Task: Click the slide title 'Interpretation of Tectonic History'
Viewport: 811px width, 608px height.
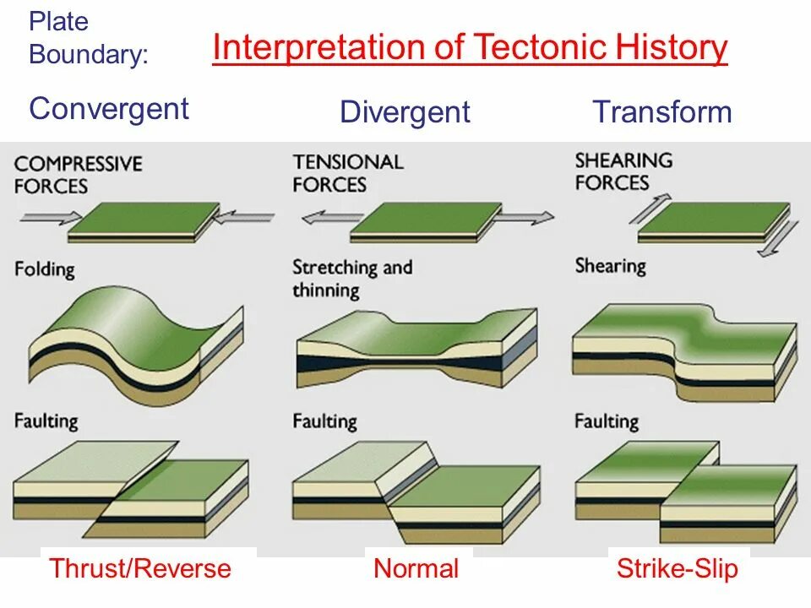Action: coord(470,48)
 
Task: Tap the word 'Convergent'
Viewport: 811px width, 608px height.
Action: coord(109,109)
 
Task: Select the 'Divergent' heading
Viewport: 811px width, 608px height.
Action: coord(405,112)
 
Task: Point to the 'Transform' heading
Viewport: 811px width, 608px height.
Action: coord(661,112)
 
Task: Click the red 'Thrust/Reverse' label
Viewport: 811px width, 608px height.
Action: coord(140,568)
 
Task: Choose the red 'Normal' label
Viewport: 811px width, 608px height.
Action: coord(416,568)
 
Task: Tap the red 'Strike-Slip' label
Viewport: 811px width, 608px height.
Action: coord(677,568)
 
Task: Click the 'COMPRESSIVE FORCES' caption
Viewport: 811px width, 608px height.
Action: coord(78,174)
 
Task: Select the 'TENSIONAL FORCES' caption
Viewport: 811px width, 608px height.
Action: coord(348,172)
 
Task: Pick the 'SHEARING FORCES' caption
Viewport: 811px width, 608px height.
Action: coord(623,171)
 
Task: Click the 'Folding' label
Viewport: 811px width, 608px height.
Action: coord(44,270)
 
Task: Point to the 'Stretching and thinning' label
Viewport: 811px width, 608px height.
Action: coord(352,279)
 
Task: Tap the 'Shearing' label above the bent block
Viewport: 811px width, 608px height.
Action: coord(610,265)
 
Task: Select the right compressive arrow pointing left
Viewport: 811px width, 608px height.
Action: coord(244,217)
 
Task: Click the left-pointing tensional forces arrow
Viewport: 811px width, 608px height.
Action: coord(325,217)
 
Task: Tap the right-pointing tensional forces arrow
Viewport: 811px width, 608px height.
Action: coord(525,217)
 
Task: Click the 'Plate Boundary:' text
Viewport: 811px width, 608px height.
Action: coord(88,38)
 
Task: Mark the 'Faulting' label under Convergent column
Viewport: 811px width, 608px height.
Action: coord(46,420)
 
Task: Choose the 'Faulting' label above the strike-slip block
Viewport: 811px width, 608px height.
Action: coord(607,420)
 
